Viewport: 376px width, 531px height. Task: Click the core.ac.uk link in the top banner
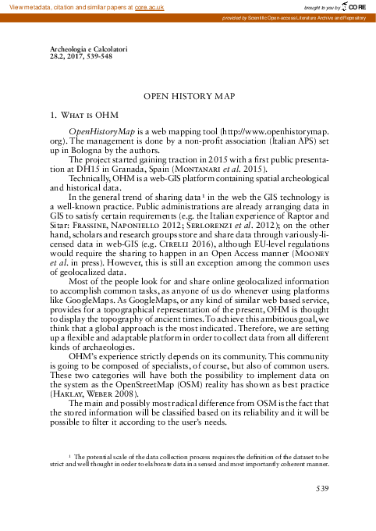[150, 5]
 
